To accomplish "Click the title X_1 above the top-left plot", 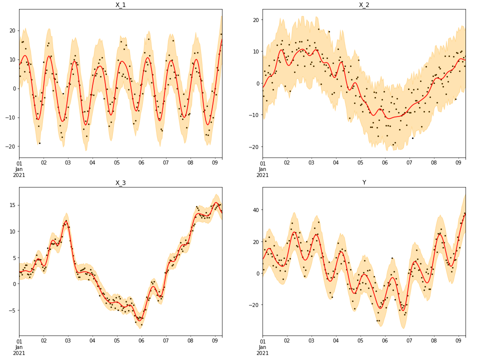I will pos(120,5).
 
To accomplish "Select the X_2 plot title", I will pos(364,5).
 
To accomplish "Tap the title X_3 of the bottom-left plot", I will pos(120,183).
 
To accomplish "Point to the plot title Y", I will pos(364,183).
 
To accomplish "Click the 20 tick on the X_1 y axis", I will pos(12,30).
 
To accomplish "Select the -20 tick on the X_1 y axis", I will pos(10,146).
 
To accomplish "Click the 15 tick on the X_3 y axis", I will pos(12,205).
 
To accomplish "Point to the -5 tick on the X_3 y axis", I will pos(12,310).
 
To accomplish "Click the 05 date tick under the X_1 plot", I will pos(116,163).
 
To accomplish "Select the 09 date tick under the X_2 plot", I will pos(458,163).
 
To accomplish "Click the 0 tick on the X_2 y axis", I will pos(257,83).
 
